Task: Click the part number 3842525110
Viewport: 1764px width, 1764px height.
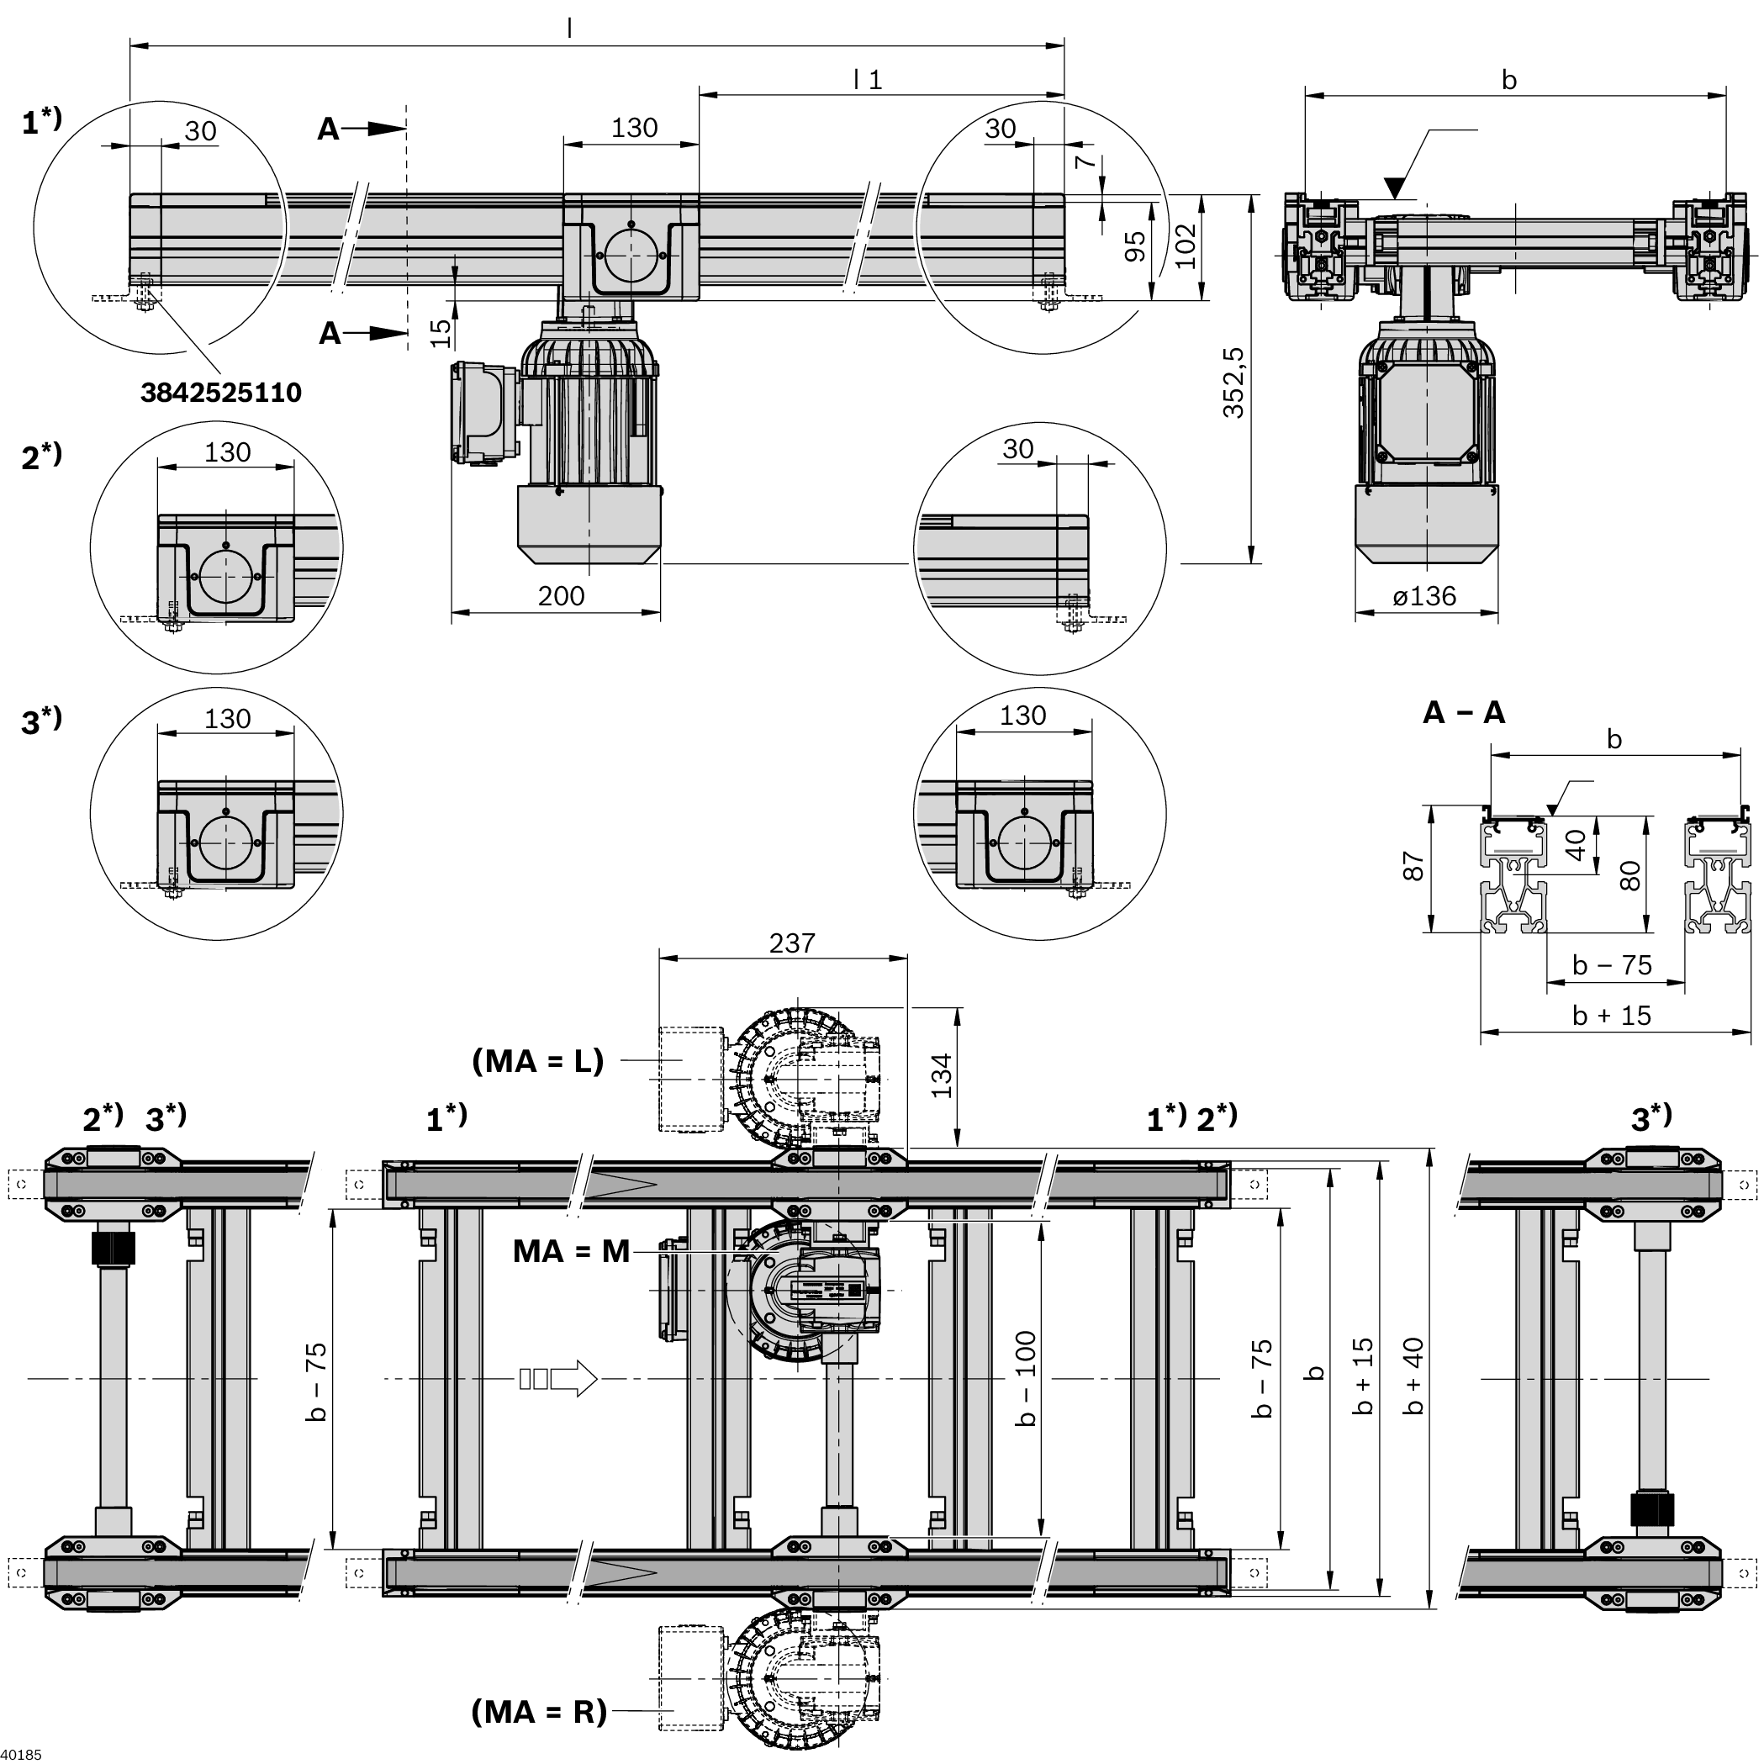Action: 221,393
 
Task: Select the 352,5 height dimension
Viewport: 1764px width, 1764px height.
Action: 1233,383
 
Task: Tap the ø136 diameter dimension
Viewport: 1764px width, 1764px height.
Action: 1424,596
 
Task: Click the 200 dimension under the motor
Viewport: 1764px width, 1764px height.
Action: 560,596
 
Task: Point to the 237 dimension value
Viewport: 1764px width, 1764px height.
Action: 790,943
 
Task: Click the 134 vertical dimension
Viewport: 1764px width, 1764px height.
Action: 942,1075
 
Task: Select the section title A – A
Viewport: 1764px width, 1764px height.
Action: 1464,712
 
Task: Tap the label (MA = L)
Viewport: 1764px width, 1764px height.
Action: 538,1061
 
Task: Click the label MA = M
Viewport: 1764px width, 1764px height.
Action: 572,1251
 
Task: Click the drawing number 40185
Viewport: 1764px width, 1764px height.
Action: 21,1755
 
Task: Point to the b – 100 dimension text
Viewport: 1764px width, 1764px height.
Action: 1027,1379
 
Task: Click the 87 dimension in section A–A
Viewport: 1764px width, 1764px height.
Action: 1413,865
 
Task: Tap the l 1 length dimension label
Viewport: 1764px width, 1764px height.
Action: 868,81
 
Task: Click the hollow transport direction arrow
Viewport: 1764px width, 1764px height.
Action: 559,1378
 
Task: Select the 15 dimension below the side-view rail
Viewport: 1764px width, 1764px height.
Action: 440,332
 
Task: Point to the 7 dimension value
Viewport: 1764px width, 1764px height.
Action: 1084,161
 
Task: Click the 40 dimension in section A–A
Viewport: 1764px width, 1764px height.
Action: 1576,844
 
